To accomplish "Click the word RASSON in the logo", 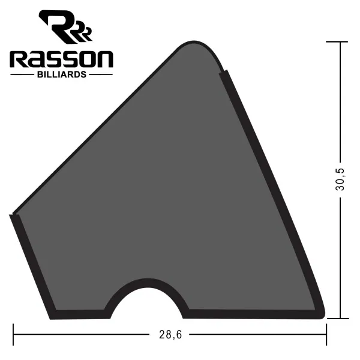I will pos(61,59).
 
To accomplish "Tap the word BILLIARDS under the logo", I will pos(61,74).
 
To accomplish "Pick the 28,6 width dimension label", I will pos(170,335).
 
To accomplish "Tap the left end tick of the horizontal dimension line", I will pos(13,334).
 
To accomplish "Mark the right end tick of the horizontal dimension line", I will pos(326,334).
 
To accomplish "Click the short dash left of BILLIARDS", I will pos(22,74).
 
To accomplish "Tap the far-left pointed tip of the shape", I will pos(12,215).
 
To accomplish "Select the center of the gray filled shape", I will pos(168,192).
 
